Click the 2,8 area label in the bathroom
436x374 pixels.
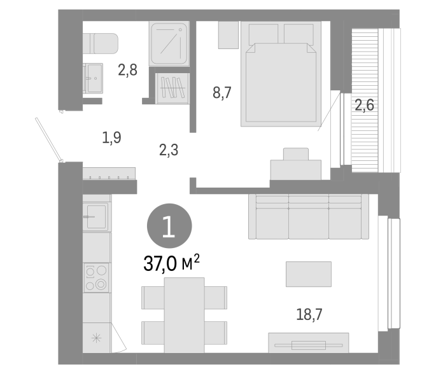tap(128, 70)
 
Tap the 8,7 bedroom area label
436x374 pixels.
tap(222, 93)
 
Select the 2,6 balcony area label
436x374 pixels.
tap(364, 106)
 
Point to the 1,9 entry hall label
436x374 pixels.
tap(111, 137)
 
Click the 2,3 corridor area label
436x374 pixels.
tap(169, 150)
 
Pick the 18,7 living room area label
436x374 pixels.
tap(309, 315)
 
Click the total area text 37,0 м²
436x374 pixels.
tap(172, 263)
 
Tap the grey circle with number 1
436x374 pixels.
tap(169, 226)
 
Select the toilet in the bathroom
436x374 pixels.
tap(101, 44)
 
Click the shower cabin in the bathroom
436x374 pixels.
tap(169, 44)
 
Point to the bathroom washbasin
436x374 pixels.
tap(93, 78)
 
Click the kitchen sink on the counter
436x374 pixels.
tap(96, 216)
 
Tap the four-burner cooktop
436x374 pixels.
tap(96, 277)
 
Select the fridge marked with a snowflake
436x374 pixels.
tap(97, 338)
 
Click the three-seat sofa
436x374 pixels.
tap(309, 216)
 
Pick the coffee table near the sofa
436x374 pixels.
tap(309, 274)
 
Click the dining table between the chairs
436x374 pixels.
tap(184, 315)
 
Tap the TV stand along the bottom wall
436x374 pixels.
tap(308, 343)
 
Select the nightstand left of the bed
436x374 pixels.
tap(229, 35)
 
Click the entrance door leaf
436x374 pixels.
tap(49, 140)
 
